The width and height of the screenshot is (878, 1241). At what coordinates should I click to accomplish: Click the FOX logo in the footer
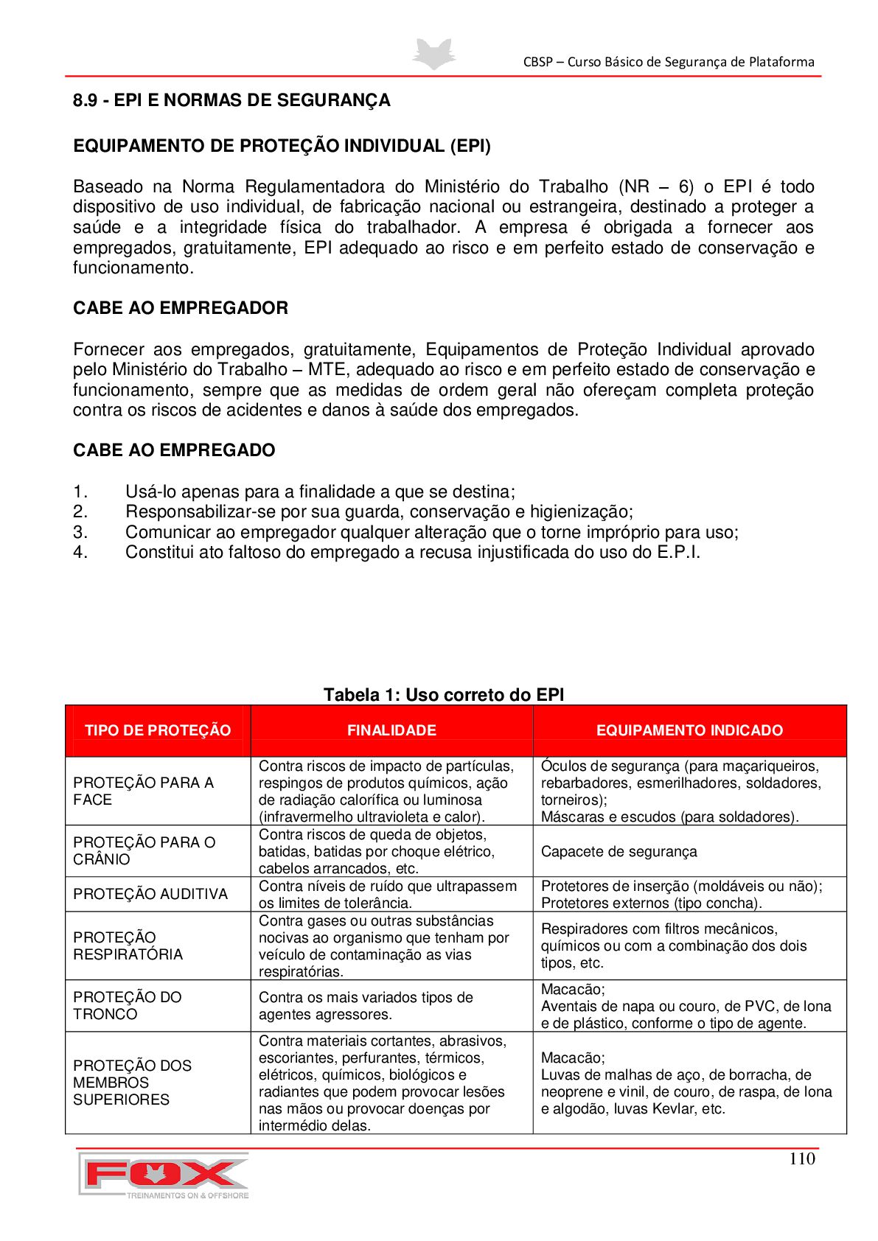click(164, 1175)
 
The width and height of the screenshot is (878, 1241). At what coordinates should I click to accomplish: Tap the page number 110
click(801, 1158)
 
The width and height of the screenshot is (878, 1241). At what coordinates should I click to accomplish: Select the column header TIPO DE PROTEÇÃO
click(158, 730)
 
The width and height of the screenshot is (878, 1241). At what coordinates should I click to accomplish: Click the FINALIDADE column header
click(391, 730)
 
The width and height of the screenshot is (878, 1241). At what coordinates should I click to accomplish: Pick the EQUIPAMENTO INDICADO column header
click(689, 730)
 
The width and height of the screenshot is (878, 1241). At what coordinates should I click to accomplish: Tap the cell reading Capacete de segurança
click(619, 852)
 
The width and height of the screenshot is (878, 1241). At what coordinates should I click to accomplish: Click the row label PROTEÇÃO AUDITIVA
click(150, 894)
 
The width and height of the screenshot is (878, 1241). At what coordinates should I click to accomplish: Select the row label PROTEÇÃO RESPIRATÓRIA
click(128, 945)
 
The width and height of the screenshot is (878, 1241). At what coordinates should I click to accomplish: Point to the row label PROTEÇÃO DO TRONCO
click(127, 1005)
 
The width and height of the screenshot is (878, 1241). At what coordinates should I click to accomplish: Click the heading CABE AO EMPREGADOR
click(181, 308)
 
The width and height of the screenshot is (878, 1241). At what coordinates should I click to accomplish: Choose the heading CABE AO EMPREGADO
click(174, 450)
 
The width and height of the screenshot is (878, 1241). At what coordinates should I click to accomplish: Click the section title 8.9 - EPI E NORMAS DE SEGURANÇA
click(231, 100)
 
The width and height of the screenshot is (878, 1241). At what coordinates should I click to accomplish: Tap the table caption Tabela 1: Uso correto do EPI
click(444, 695)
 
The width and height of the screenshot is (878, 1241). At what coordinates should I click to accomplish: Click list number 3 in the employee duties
click(80, 532)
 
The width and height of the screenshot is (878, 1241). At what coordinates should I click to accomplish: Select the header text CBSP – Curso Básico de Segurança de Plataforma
click(669, 62)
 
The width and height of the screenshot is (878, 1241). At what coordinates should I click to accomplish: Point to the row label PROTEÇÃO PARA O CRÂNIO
click(144, 850)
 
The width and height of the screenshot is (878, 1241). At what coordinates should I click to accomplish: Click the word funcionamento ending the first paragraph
click(132, 268)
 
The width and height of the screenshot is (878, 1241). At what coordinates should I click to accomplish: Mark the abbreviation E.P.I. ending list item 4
click(678, 553)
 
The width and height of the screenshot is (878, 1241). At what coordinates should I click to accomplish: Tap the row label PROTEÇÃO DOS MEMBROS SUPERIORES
click(132, 1082)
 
